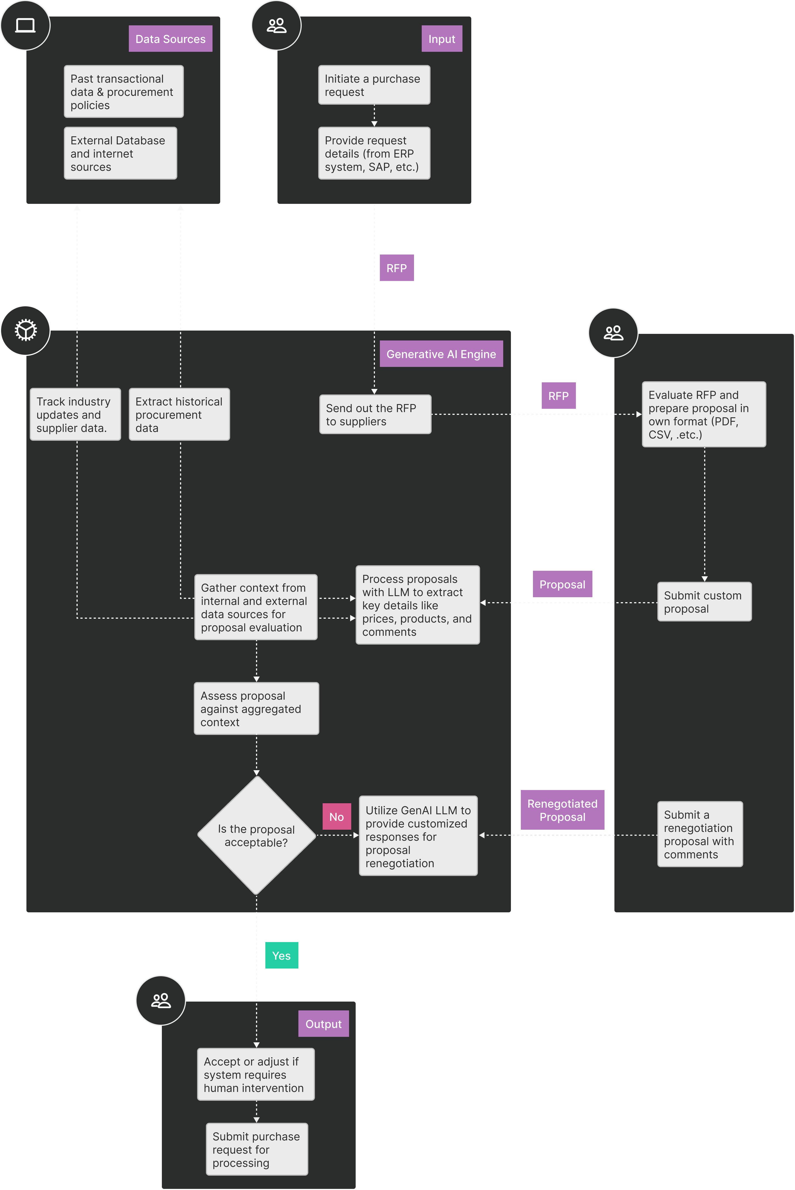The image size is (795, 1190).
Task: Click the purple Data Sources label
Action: [x=170, y=39]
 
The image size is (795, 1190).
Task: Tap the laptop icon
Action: [x=25, y=25]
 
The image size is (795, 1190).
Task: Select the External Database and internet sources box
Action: [x=120, y=153]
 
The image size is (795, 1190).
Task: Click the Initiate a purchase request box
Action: [x=374, y=85]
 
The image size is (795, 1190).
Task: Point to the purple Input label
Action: [x=442, y=39]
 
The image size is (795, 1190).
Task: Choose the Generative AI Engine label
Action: [x=441, y=354]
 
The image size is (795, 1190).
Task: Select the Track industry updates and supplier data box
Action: [x=75, y=414]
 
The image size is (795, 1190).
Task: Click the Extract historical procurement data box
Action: [x=179, y=414]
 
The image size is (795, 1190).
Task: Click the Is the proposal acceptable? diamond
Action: [x=257, y=835]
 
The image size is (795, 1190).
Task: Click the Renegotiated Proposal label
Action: [x=562, y=810]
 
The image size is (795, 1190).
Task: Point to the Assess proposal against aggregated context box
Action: [x=256, y=708]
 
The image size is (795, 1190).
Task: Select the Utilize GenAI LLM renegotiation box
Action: [x=418, y=836]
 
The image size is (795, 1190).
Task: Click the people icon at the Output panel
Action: [x=161, y=1000]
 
